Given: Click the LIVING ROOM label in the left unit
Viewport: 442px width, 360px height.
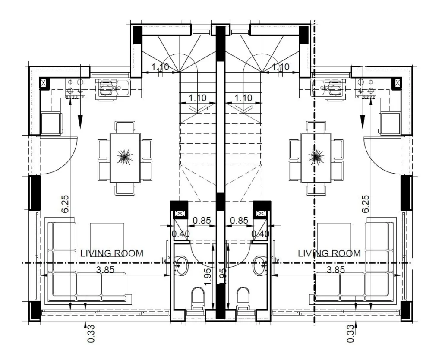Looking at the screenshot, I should point(112,253).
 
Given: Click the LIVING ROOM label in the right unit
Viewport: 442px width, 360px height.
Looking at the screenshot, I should point(329,253).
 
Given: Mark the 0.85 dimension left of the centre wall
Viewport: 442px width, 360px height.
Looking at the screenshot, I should point(202,220).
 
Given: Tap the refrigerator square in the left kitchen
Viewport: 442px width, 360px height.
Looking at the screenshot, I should point(51,123).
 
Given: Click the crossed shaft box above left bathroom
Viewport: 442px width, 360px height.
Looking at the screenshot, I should point(179,213).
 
